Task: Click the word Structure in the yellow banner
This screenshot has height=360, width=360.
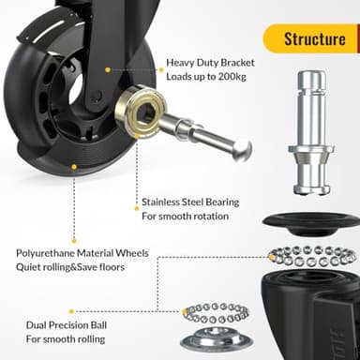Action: pyautogui.click(x=313, y=38)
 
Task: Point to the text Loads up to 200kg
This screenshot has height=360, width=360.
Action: pyautogui.click(x=210, y=78)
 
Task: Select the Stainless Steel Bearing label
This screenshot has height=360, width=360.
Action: pyautogui.click(x=190, y=201)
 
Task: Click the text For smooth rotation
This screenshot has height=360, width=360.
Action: pyautogui.click(x=186, y=216)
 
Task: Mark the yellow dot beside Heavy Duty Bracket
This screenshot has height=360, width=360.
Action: pyautogui.click(x=108, y=69)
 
